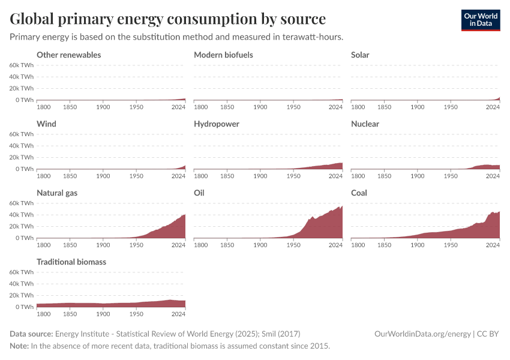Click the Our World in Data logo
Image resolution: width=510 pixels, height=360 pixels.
[x=480, y=19]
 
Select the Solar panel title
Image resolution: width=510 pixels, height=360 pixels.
[x=360, y=55]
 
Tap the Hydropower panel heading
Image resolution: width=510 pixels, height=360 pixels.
[x=217, y=124]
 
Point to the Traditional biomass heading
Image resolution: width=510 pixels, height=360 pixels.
[x=71, y=262]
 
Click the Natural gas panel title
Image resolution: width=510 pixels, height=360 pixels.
[x=57, y=193]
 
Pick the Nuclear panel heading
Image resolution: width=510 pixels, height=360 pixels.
[x=365, y=124]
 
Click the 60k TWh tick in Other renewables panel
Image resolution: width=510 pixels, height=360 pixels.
[x=21, y=65]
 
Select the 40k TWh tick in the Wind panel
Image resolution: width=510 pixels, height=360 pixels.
[x=21, y=146]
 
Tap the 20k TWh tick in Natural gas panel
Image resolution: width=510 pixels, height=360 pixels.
[x=21, y=226]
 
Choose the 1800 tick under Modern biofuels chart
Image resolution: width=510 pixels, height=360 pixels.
[x=201, y=107]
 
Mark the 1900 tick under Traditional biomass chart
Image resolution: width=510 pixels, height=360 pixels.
[x=103, y=314]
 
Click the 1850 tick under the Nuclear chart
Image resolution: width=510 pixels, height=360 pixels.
[x=385, y=176]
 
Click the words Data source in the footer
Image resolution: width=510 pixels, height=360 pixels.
[x=31, y=334]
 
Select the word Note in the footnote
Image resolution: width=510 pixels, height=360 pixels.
[x=19, y=346]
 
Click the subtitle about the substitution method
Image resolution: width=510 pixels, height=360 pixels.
[x=176, y=37]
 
